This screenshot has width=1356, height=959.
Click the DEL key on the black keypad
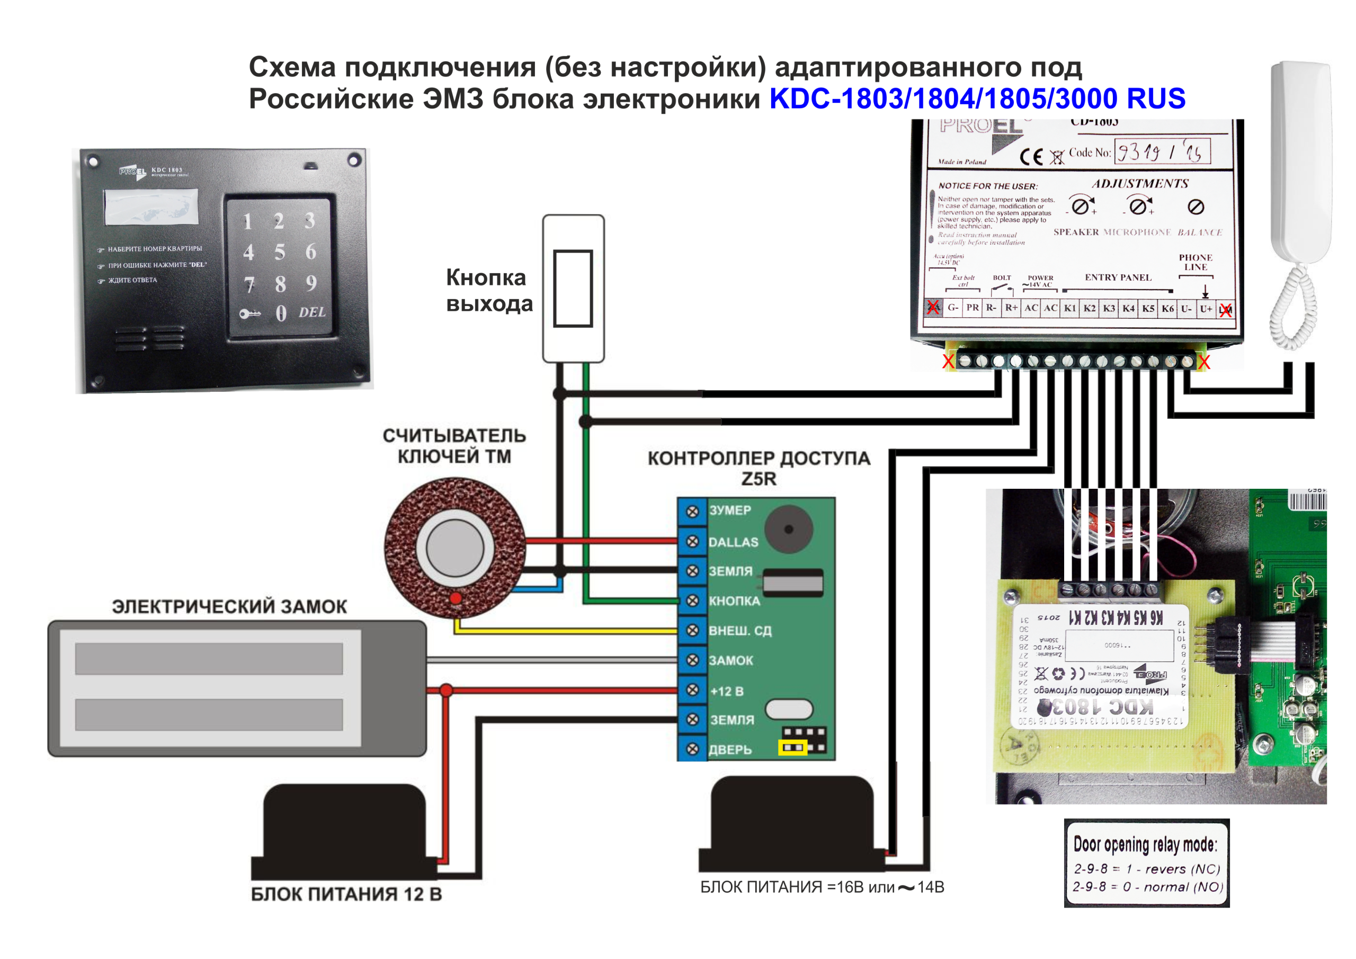tap(312, 312)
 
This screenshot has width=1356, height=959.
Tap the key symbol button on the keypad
tap(250, 313)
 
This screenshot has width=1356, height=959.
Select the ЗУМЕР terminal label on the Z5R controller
tap(730, 510)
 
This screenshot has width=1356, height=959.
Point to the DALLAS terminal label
tap(733, 542)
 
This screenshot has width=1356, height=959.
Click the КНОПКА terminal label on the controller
tap(734, 601)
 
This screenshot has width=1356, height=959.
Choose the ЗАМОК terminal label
tap(730, 661)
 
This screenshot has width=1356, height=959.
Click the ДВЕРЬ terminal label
tap(730, 750)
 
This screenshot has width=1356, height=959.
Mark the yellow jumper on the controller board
tap(793, 748)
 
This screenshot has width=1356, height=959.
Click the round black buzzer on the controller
tap(789, 529)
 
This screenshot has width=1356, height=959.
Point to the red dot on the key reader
tap(456, 598)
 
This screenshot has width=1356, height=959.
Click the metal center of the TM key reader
tap(455, 548)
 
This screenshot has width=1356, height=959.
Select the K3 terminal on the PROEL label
tap(1109, 308)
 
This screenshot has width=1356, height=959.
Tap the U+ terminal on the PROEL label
tap(1206, 308)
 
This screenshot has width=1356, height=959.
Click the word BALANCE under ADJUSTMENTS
tap(1200, 232)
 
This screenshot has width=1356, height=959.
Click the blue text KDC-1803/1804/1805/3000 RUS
tap(977, 98)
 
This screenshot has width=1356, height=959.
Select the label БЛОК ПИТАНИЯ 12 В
tap(346, 894)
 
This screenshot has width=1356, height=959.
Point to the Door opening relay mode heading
tap(1145, 845)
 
